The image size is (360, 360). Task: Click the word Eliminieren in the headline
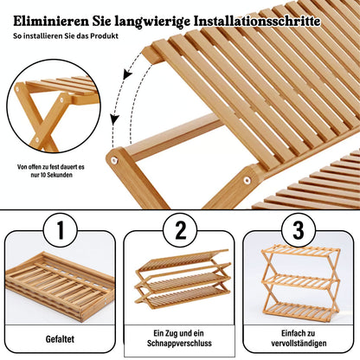(x=51, y=22)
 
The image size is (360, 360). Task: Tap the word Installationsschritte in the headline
(x=257, y=22)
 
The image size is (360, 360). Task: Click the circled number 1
(x=61, y=230)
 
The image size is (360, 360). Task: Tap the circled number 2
(x=180, y=230)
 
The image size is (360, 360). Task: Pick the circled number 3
(x=299, y=230)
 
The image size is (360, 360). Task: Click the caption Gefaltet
(x=60, y=339)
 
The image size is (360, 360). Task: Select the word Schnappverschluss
(x=179, y=344)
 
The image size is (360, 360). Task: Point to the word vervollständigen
(x=299, y=344)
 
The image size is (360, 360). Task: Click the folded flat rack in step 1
(x=60, y=286)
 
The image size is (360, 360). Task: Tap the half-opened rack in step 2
(x=183, y=279)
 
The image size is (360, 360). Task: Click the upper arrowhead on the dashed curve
(x=127, y=74)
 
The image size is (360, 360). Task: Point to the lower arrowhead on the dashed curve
(x=115, y=119)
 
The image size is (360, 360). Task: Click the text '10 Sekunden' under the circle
(x=52, y=175)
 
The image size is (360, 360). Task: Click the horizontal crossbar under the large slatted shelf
(x=173, y=137)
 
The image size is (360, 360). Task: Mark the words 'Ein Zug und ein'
(x=178, y=333)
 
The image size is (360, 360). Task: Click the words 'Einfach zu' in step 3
(x=298, y=333)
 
